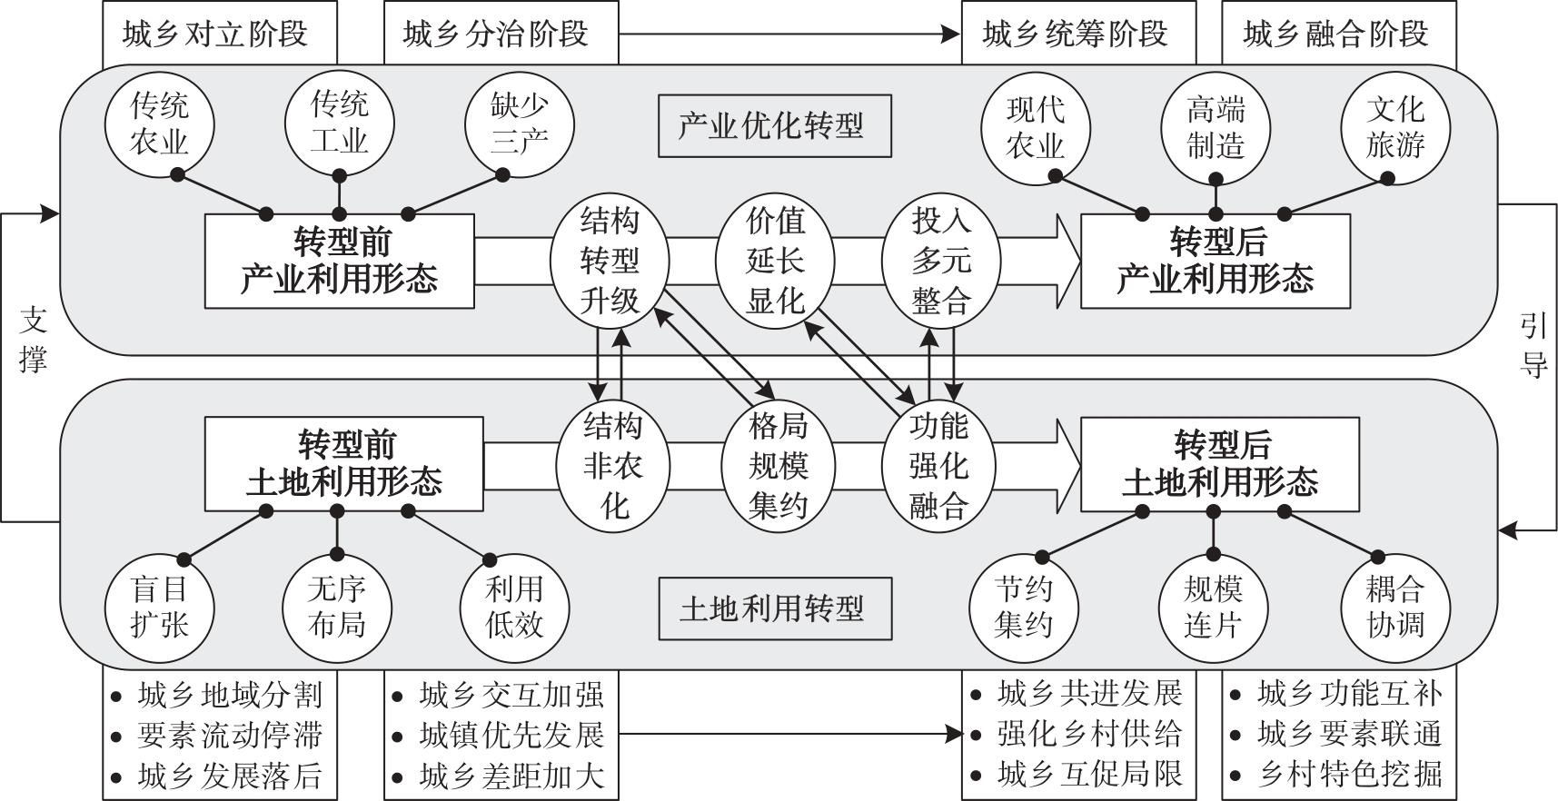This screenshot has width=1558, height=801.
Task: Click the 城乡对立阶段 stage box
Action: (x=219, y=35)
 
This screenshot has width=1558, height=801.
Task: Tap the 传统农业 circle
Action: (x=160, y=124)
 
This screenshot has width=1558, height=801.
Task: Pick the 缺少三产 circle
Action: (x=519, y=124)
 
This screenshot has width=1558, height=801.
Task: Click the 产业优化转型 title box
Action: (x=774, y=125)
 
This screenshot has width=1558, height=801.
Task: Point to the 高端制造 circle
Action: (x=1216, y=127)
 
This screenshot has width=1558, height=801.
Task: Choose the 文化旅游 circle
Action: (x=1394, y=127)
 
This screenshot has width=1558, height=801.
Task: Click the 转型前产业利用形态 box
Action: (x=339, y=261)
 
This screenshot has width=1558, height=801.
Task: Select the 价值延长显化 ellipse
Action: (x=775, y=261)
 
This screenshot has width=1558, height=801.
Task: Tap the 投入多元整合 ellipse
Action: (x=941, y=261)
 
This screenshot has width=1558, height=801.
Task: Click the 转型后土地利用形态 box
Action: (x=1219, y=464)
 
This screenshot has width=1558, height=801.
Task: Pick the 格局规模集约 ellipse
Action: (x=779, y=465)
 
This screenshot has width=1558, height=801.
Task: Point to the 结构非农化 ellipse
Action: (x=613, y=465)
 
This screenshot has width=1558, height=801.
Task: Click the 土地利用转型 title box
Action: (x=774, y=608)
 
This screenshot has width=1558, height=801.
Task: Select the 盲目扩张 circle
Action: (x=160, y=608)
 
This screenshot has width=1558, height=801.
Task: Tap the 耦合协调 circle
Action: (x=1394, y=608)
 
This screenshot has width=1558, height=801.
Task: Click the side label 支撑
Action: (x=33, y=341)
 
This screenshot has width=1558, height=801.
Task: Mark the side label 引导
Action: (x=1533, y=345)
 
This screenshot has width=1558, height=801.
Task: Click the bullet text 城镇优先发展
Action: (x=511, y=735)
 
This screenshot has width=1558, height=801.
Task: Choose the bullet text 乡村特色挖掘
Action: (x=1350, y=774)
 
